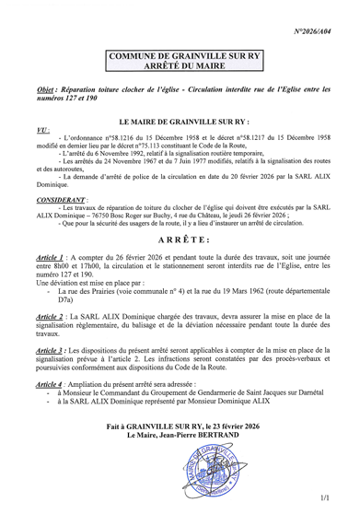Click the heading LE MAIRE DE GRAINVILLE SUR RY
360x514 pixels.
click(180, 121)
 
